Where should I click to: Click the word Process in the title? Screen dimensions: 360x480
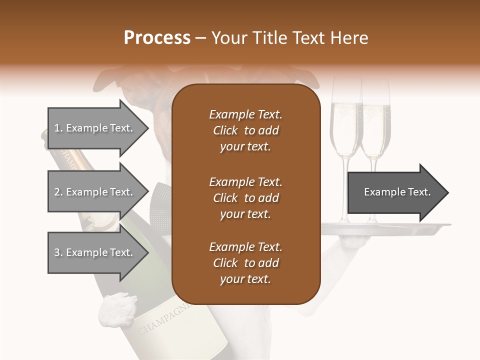coord(157,38)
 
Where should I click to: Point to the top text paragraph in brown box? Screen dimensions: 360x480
coord(245,130)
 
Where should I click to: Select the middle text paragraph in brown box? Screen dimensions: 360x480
coord(245,197)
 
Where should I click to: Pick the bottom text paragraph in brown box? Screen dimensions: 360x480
coord(245,263)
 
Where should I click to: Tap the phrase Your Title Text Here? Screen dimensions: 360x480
coord(290,38)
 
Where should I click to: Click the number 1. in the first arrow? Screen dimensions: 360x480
coord(58,128)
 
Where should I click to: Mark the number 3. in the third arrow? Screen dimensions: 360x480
coord(58,252)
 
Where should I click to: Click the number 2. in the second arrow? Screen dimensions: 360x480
coord(58,192)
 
